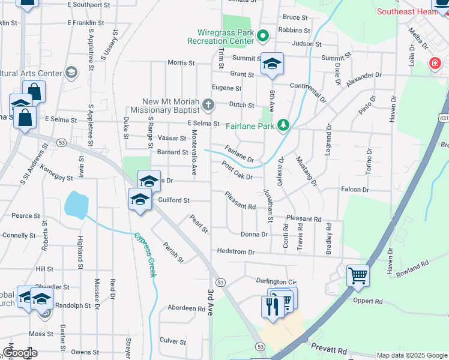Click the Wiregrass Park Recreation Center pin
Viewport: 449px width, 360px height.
[x=262, y=37]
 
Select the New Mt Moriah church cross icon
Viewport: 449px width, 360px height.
[x=208, y=106]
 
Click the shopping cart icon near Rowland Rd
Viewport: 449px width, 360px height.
[x=358, y=275]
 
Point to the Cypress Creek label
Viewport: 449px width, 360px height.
[x=145, y=254]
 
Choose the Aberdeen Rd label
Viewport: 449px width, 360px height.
[x=186, y=308]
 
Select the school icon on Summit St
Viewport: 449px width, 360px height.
[x=272, y=64]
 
